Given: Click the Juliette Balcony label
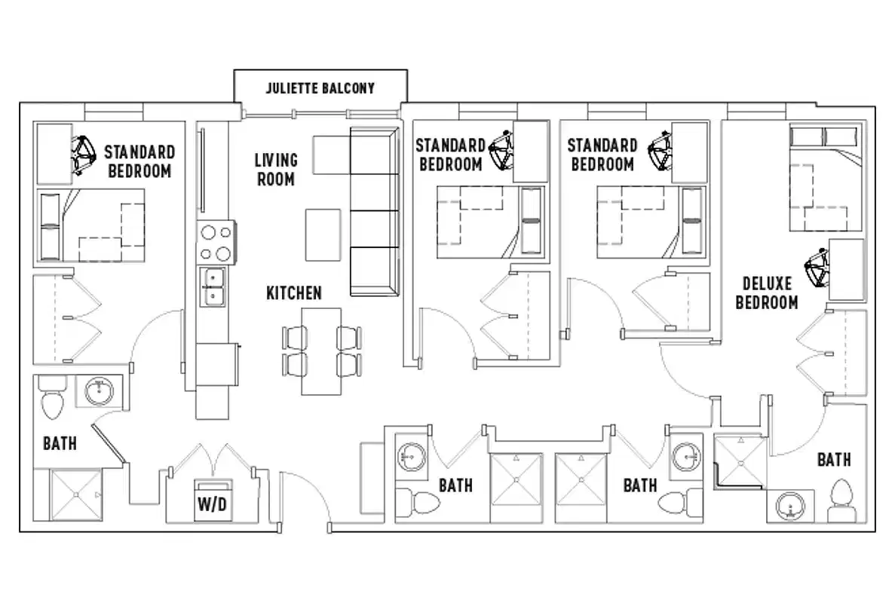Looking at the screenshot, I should (x=320, y=88).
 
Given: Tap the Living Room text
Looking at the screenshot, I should (x=275, y=170).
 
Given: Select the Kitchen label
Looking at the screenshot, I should (x=294, y=292).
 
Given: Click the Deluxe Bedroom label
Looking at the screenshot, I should (x=767, y=293).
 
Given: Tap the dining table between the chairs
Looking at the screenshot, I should (x=321, y=350).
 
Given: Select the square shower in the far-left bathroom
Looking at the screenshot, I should (x=77, y=494).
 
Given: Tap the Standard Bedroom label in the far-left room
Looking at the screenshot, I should (x=139, y=161).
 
